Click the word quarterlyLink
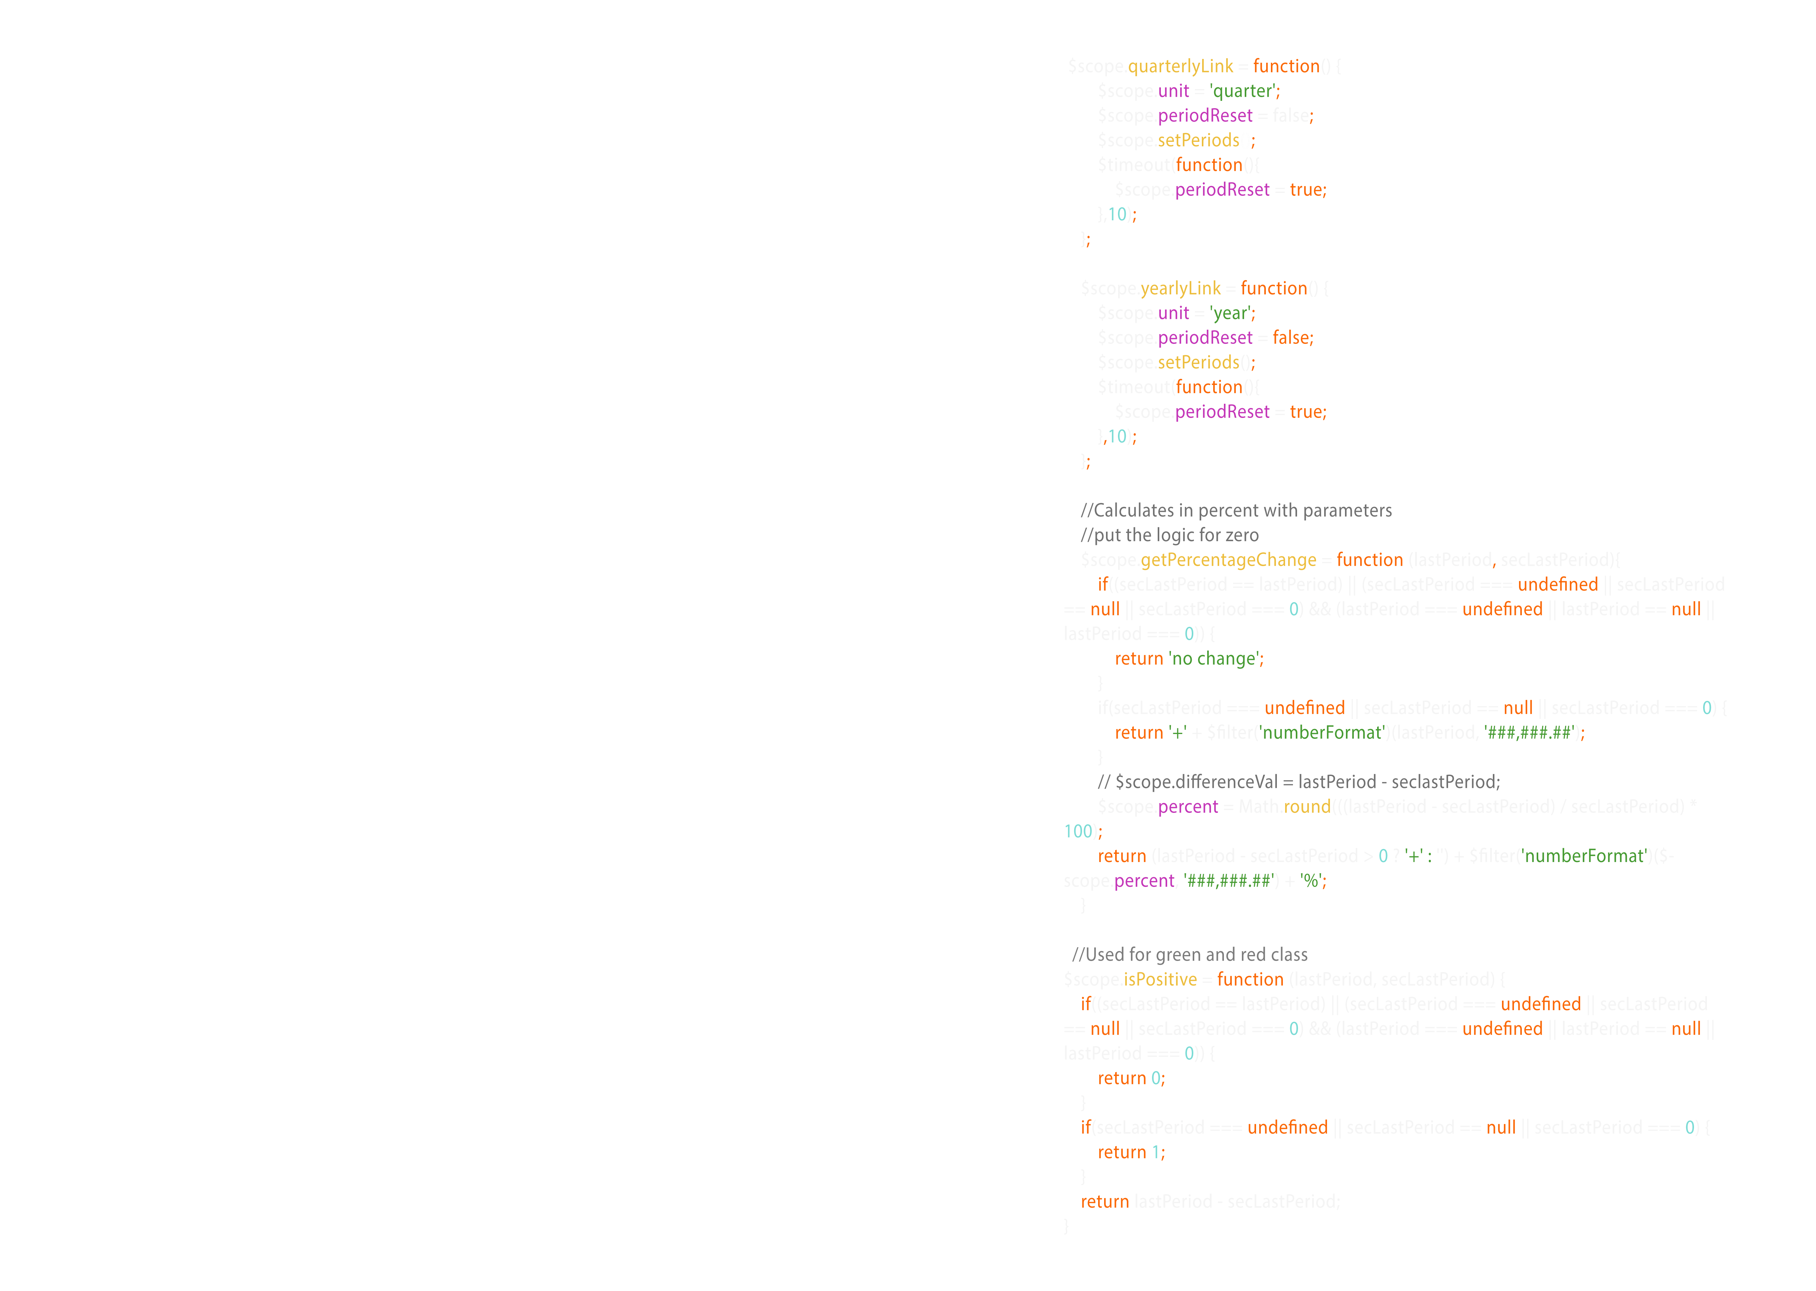(x=1180, y=66)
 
